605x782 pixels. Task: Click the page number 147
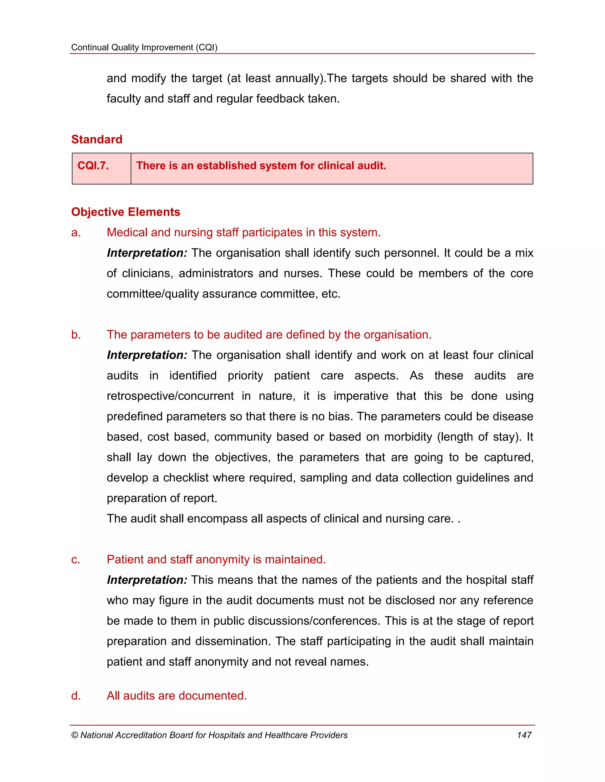524,735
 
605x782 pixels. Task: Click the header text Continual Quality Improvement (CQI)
144,47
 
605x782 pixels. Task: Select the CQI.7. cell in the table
101,168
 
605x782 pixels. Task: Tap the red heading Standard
97,139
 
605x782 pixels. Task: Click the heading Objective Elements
126,212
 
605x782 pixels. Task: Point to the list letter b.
76,335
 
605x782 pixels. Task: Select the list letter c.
76,559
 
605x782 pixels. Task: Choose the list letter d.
76,696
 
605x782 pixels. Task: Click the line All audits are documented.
177,696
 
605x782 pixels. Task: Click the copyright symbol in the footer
74,735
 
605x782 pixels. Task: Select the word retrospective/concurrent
170,396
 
